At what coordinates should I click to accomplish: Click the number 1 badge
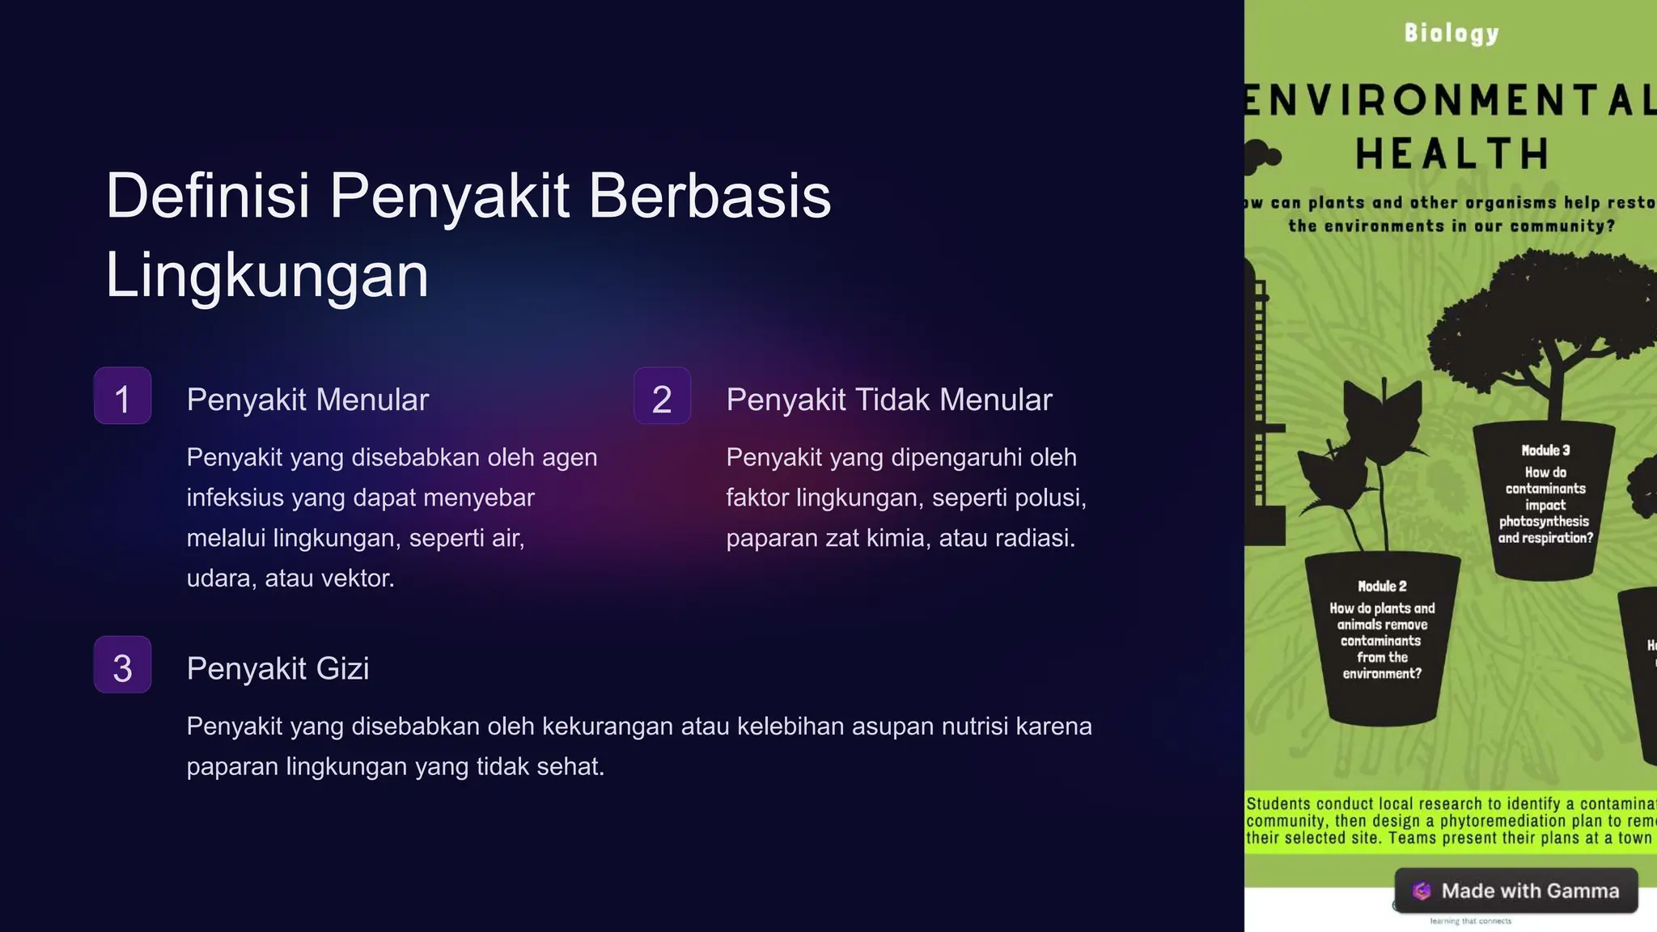click(122, 396)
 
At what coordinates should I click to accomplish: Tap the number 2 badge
click(662, 396)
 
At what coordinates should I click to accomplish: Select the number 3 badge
click(122, 665)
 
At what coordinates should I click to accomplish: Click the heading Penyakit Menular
click(307, 400)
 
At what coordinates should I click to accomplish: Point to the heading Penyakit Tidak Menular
click(889, 400)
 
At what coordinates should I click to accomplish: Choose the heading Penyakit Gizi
click(278, 668)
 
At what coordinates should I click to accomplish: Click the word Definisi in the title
click(208, 196)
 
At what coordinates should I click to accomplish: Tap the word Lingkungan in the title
click(267, 275)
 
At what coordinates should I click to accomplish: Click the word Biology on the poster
click(1451, 33)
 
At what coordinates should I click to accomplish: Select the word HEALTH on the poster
click(1452, 154)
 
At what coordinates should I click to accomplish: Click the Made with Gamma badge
click(1516, 891)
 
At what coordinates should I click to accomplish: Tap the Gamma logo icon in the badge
click(1422, 891)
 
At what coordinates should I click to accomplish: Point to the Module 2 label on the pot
click(1382, 586)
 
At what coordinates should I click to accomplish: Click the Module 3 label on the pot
click(1545, 451)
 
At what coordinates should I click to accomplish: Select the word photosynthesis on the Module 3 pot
click(1544, 522)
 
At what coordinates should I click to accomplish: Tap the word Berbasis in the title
click(710, 196)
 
